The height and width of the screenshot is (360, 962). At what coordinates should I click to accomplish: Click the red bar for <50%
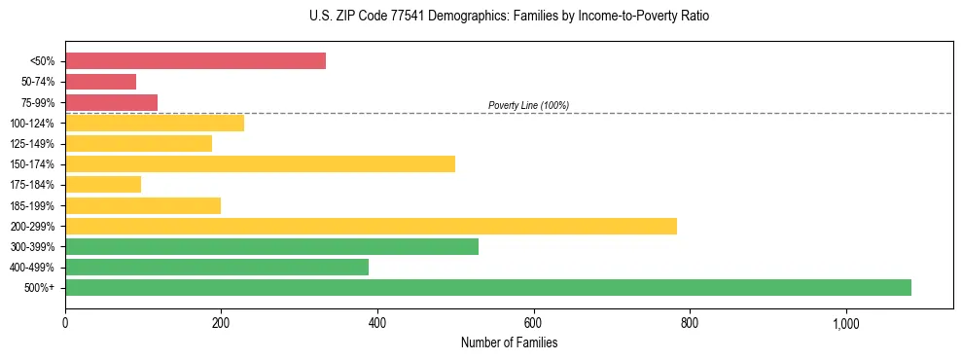(x=195, y=61)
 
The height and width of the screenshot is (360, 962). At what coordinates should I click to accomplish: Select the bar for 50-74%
(x=100, y=82)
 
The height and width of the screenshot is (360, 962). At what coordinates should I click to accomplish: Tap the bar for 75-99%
(x=111, y=102)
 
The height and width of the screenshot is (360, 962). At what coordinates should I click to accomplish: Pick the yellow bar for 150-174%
(x=260, y=163)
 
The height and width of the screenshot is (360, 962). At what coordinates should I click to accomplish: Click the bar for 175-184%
(x=103, y=184)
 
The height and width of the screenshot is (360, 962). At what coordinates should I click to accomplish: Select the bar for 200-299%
(x=371, y=226)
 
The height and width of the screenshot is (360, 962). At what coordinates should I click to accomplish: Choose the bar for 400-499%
(x=217, y=267)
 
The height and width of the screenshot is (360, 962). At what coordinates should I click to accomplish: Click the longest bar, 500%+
(x=487, y=287)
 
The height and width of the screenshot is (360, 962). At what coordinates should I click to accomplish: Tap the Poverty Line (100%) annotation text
(x=528, y=105)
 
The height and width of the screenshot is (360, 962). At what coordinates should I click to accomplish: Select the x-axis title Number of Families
(x=509, y=342)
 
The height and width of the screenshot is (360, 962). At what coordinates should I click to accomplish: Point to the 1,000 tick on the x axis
(x=845, y=322)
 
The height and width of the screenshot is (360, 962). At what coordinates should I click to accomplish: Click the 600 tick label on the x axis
(x=533, y=322)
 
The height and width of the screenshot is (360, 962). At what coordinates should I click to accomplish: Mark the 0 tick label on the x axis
(x=65, y=322)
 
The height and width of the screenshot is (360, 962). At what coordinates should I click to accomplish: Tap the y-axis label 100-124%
(x=32, y=123)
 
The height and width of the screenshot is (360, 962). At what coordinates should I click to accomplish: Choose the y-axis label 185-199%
(x=32, y=205)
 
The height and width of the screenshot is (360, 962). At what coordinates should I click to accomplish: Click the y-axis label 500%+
(x=40, y=287)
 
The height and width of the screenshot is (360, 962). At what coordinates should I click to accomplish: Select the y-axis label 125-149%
(x=32, y=143)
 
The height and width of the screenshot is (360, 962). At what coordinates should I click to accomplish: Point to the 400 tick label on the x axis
(x=377, y=322)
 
